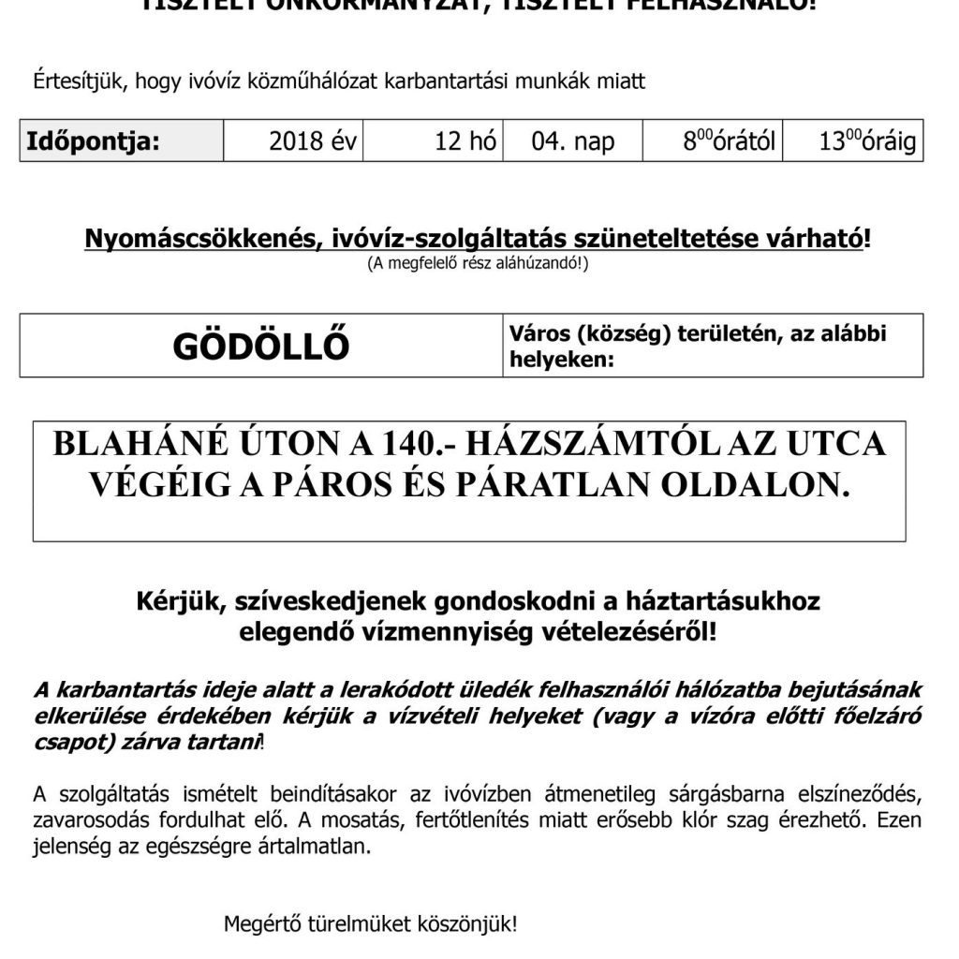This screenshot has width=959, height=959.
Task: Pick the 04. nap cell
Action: (573, 143)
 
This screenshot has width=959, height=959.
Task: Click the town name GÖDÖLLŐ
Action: (261, 347)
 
